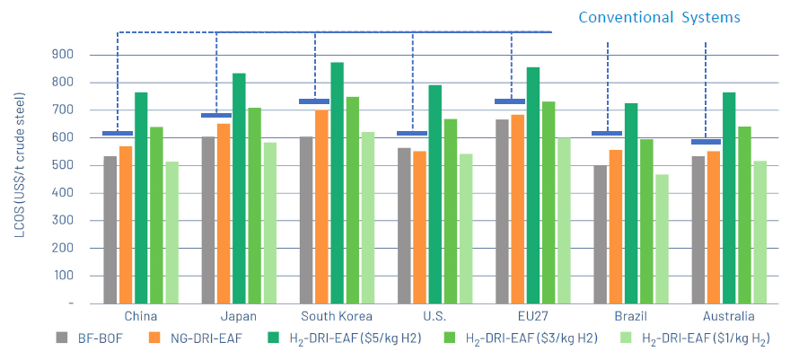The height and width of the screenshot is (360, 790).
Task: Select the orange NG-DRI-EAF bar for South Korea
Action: pyautogui.click(x=321, y=206)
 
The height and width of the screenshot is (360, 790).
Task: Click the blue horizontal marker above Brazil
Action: pyautogui.click(x=607, y=134)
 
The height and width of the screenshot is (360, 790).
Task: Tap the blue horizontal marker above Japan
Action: pyautogui.click(x=216, y=115)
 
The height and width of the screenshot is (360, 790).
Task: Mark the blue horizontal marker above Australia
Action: pyautogui.click(x=706, y=142)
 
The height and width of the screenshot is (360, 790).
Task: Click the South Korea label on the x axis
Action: pyautogui.click(x=337, y=317)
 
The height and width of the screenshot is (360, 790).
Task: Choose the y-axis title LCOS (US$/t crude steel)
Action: pyautogui.click(x=19, y=179)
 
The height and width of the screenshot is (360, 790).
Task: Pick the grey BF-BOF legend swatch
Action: pyautogui.click(x=62, y=338)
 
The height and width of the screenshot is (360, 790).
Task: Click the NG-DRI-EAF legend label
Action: pyautogui.click(x=198, y=339)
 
